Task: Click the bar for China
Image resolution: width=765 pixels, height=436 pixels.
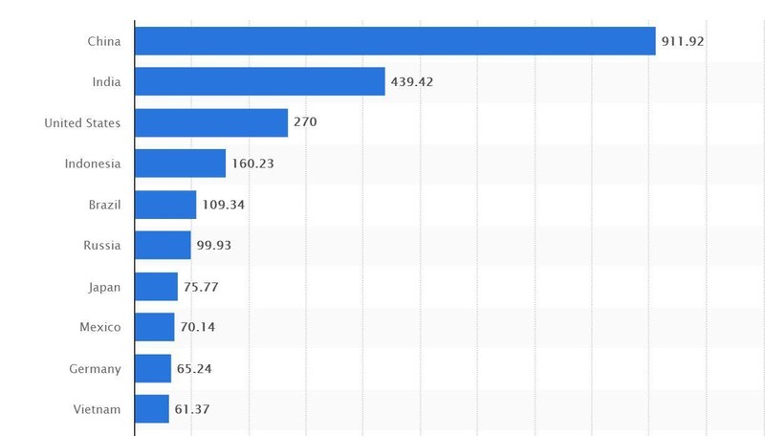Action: [395, 41]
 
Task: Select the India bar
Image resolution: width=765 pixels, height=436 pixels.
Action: [260, 81]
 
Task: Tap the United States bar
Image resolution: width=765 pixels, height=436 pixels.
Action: [211, 122]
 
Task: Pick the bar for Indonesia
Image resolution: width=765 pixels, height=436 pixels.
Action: [181, 163]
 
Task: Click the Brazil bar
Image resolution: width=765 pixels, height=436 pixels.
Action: [165, 205]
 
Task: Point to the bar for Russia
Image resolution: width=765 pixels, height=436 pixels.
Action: [163, 246]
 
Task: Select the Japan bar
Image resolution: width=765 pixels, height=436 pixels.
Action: [157, 287]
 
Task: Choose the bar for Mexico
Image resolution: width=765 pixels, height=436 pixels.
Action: [155, 327]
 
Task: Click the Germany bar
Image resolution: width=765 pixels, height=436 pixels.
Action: [153, 368]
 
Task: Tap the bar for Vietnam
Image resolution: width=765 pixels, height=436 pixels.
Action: [152, 409]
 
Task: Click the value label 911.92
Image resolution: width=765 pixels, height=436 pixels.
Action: [683, 41]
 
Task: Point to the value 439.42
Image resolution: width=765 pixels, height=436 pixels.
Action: [412, 82]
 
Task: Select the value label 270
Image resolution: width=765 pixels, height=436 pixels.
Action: [305, 122]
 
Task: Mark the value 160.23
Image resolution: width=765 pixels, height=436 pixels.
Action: [252, 163]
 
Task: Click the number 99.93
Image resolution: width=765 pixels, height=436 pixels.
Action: [213, 246]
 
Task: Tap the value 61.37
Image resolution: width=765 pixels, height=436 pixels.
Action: [191, 409]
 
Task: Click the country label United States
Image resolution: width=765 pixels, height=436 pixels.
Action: [82, 122]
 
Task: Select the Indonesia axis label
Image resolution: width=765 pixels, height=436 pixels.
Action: [93, 163]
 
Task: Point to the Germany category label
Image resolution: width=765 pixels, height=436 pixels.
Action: [95, 368]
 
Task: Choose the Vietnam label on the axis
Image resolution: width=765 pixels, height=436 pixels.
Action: [97, 409]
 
